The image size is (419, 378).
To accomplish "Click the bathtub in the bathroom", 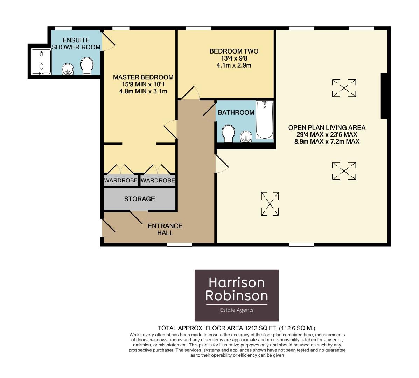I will (x=264, y=120).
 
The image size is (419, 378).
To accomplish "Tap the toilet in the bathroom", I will (x=229, y=133).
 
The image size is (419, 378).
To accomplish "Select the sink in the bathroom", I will (x=246, y=136).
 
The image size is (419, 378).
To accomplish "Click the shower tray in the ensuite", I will (x=41, y=62).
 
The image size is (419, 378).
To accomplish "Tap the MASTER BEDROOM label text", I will (x=143, y=77).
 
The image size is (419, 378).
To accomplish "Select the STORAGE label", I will (x=139, y=199).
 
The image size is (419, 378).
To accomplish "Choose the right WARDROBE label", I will (x=158, y=181).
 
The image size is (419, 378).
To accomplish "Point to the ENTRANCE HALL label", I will (x=165, y=229).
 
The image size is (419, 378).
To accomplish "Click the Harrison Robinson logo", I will (x=237, y=295).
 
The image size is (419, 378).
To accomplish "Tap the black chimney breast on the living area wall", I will (x=384, y=96).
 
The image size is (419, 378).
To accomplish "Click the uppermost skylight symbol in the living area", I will (x=344, y=88).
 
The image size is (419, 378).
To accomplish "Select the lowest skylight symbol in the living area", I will (x=270, y=204).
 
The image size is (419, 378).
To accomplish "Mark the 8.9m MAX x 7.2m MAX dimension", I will (x=327, y=142).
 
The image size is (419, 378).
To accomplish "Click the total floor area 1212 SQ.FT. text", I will (x=237, y=328).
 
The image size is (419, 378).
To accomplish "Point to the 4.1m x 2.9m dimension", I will (x=234, y=65).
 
